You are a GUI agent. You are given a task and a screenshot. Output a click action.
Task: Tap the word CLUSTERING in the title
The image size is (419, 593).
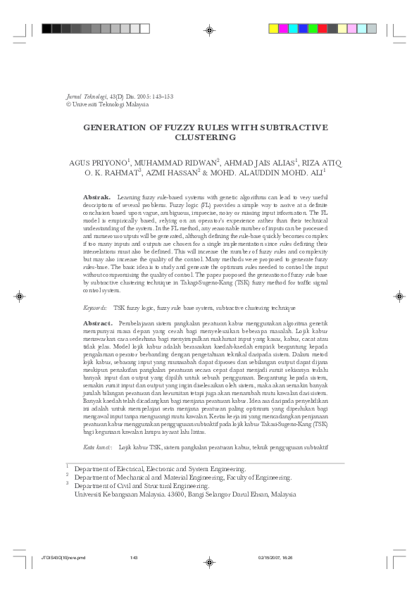(209, 137)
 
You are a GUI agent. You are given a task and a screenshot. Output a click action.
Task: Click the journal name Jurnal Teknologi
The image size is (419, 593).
(86, 96)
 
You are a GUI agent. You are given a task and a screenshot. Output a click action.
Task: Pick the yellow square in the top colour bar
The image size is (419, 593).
(274, 29)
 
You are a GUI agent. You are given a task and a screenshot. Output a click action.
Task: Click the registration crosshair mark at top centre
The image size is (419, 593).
(209, 30)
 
